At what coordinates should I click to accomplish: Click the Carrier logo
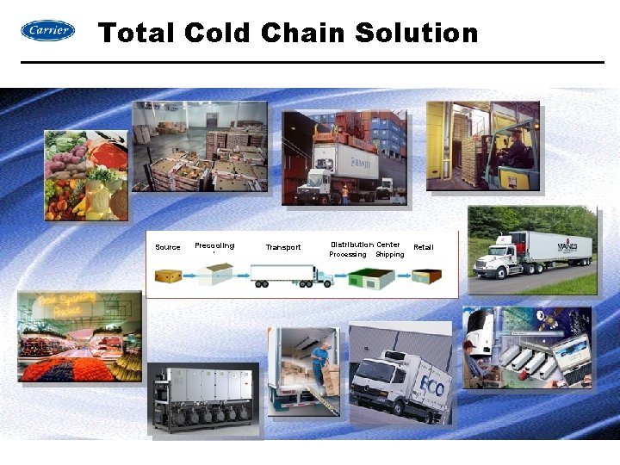point(47,31)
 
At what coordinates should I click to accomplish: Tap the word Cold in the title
point(218,34)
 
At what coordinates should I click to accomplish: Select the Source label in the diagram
point(168,248)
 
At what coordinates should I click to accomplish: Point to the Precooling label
point(214,245)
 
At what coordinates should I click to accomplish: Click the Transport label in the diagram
point(283,248)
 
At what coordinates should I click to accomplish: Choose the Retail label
point(424,247)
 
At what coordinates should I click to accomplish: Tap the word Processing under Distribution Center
point(348,255)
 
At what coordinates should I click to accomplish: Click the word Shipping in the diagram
point(390,255)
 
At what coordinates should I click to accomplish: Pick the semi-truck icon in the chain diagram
point(292,276)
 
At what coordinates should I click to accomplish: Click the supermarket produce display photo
point(79,337)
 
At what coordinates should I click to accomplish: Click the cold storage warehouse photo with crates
point(200,146)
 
